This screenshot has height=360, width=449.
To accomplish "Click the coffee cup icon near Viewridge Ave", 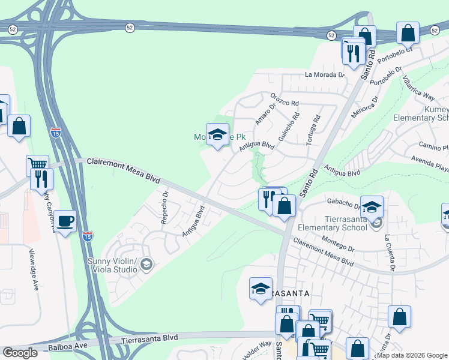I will (65, 221).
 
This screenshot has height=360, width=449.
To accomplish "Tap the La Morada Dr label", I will (325, 75).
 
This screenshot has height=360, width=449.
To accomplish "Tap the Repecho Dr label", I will (164, 207).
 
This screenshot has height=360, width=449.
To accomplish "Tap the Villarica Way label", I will (418, 88).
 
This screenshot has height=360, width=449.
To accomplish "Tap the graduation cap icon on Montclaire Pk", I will (217, 133).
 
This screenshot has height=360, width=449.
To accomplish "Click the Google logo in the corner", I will (20, 353).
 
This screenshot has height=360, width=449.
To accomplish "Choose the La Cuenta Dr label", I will (389, 251).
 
